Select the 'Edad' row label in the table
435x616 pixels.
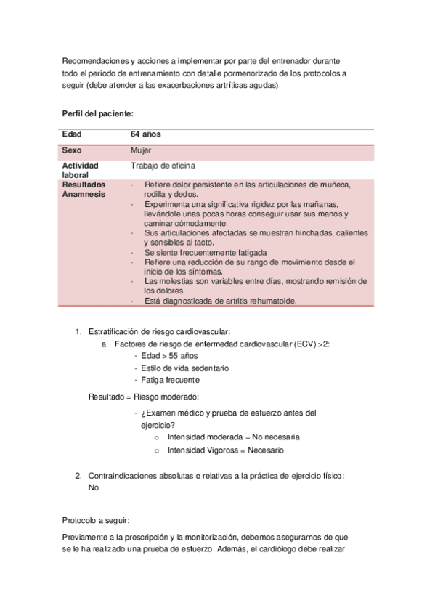click(x=72, y=135)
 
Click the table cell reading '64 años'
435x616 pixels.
click(x=145, y=135)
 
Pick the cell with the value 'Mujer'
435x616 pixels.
click(x=141, y=150)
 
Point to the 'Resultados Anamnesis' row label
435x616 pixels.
click(x=84, y=190)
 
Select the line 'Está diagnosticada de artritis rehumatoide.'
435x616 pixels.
click(x=220, y=301)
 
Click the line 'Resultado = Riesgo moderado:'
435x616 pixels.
click(x=143, y=397)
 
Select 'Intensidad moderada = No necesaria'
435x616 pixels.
click(x=232, y=438)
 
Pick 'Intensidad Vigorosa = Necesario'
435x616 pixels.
click(x=225, y=450)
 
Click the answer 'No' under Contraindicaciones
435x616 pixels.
click(x=93, y=488)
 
